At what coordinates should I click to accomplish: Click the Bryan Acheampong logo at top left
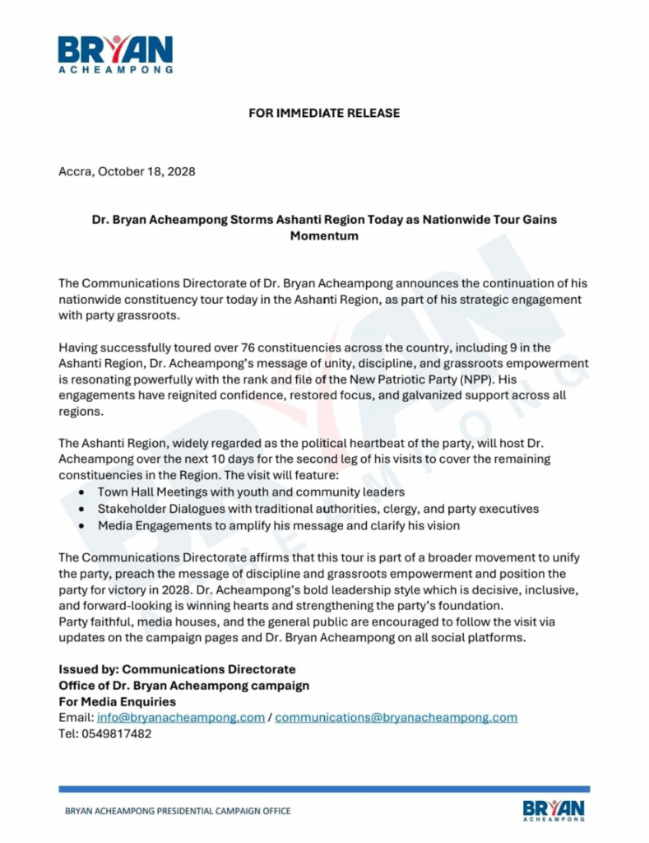click(115, 54)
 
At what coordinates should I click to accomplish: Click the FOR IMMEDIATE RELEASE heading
click(324, 113)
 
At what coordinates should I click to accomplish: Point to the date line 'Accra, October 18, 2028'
click(127, 172)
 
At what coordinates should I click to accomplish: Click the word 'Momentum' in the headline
click(324, 235)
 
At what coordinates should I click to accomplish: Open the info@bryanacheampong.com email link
click(181, 717)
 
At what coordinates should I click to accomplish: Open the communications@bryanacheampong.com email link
click(396, 717)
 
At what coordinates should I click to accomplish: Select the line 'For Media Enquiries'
click(117, 701)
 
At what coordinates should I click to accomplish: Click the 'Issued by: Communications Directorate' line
click(177, 669)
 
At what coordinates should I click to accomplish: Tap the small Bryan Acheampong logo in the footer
click(554, 809)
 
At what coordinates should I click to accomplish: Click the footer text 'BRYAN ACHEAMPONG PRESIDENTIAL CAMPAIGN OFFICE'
click(178, 811)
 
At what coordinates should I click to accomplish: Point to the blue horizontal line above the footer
click(324, 789)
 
